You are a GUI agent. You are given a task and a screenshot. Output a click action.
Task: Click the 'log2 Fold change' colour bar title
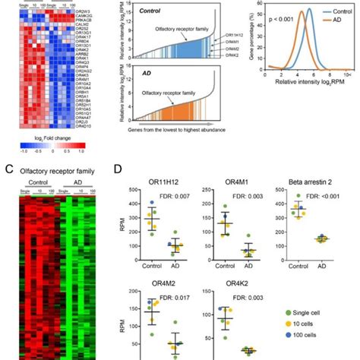(x=45, y=141)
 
